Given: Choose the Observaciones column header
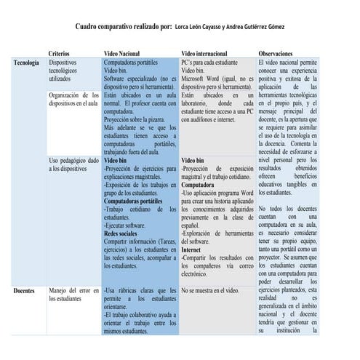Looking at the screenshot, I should pos(280,54).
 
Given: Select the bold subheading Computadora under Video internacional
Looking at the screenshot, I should pos(199,185).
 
